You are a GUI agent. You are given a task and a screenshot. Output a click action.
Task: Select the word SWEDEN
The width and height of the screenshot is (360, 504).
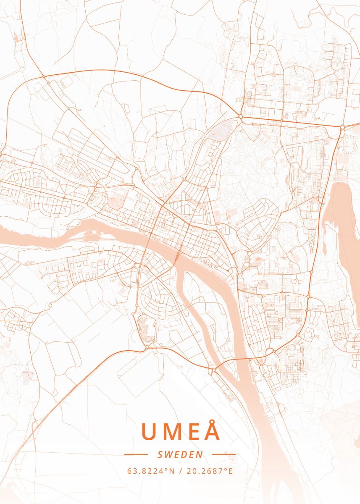[180, 454]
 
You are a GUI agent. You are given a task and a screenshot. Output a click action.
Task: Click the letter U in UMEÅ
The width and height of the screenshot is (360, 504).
[150, 431]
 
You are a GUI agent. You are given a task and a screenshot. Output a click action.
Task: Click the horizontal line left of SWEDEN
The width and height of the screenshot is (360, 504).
[136, 454]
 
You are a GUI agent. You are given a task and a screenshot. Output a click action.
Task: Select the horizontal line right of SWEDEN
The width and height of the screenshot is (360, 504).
[224, 454]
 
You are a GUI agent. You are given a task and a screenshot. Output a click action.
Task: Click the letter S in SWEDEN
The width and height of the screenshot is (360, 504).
[160, 454]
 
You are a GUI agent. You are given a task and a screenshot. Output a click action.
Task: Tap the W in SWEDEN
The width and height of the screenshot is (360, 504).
[168, 454]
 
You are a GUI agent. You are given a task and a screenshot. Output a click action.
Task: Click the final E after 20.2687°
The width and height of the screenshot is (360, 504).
[230, 471]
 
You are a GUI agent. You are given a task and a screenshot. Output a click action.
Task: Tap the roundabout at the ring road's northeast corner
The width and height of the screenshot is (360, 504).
[342, 126]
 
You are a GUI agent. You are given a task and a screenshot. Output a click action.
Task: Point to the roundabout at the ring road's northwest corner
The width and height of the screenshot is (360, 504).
[44, 77]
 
